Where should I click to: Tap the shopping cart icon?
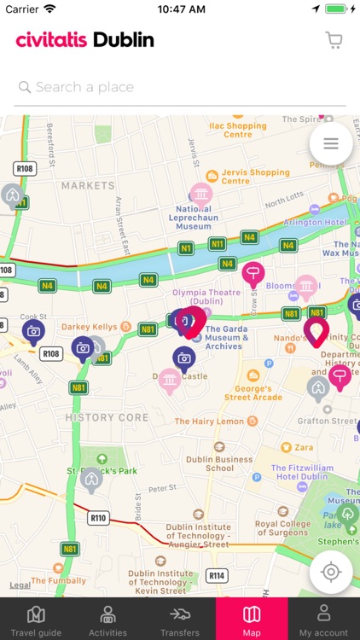(334, 40)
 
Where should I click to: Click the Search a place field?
(179, 87)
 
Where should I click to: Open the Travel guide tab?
(36, 620)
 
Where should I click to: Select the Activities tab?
(107, 620)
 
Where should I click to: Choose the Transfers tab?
(179, 620)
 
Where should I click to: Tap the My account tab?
(323, 620)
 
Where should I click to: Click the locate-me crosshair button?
(331, 572)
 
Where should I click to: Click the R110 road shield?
(99, 517)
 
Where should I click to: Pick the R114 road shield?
(217, 576)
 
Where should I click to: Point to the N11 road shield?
(217, 244)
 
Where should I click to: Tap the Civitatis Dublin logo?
(84, 40)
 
